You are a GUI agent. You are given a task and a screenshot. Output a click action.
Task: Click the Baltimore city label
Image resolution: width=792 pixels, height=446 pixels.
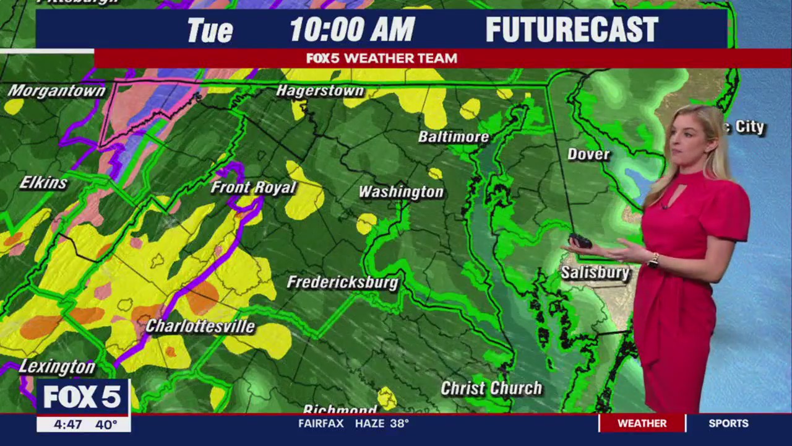(x=454, y=137)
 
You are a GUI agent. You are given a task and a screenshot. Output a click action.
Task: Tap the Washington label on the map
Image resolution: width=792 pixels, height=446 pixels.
(x=401, y=192)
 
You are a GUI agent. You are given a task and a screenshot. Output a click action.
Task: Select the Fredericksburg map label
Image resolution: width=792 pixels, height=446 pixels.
(x=342, y=282)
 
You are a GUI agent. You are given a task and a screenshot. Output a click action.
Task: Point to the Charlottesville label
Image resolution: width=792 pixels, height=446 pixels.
(x=200, y=326)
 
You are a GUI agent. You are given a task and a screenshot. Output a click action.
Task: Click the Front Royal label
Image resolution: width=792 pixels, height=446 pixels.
(x=253, y=187)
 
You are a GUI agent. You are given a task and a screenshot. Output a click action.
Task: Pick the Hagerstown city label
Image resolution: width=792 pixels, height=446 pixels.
(x=320, y=91)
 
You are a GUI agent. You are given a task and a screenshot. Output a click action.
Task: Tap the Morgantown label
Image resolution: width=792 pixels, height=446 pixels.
(x=56, y=91)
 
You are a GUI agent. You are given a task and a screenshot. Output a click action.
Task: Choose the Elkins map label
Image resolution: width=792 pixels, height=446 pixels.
(x=43, y=183)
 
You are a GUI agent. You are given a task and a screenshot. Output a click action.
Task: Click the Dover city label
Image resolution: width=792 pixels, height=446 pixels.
(x=588, y=154)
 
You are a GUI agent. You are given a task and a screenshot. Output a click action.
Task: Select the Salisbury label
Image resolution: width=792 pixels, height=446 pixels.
(x=595, y=273)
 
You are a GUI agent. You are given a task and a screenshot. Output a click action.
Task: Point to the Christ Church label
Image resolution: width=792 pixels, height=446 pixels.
(x=491, y=388)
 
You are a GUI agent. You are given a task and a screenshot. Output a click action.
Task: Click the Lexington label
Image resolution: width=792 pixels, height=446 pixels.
(x=57, y=367)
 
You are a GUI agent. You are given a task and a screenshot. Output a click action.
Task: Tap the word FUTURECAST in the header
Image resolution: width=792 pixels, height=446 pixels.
(x=572, y=29)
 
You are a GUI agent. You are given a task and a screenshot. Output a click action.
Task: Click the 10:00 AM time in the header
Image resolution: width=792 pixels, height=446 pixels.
(x=352, y=29)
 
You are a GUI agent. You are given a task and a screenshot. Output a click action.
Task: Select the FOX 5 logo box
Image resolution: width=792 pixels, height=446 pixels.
(x=82, y=397)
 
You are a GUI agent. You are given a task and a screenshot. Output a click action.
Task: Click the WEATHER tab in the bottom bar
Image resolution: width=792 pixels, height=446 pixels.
(x=642, y=424)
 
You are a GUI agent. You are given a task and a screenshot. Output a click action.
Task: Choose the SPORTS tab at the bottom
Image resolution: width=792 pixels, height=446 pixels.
(x=728, y=424)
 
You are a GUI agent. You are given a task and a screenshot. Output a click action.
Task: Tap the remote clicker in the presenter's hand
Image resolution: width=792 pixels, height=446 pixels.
(x=581, y=240)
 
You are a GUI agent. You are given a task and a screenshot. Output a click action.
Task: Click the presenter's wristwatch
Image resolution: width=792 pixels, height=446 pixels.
(x=653, y=260)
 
